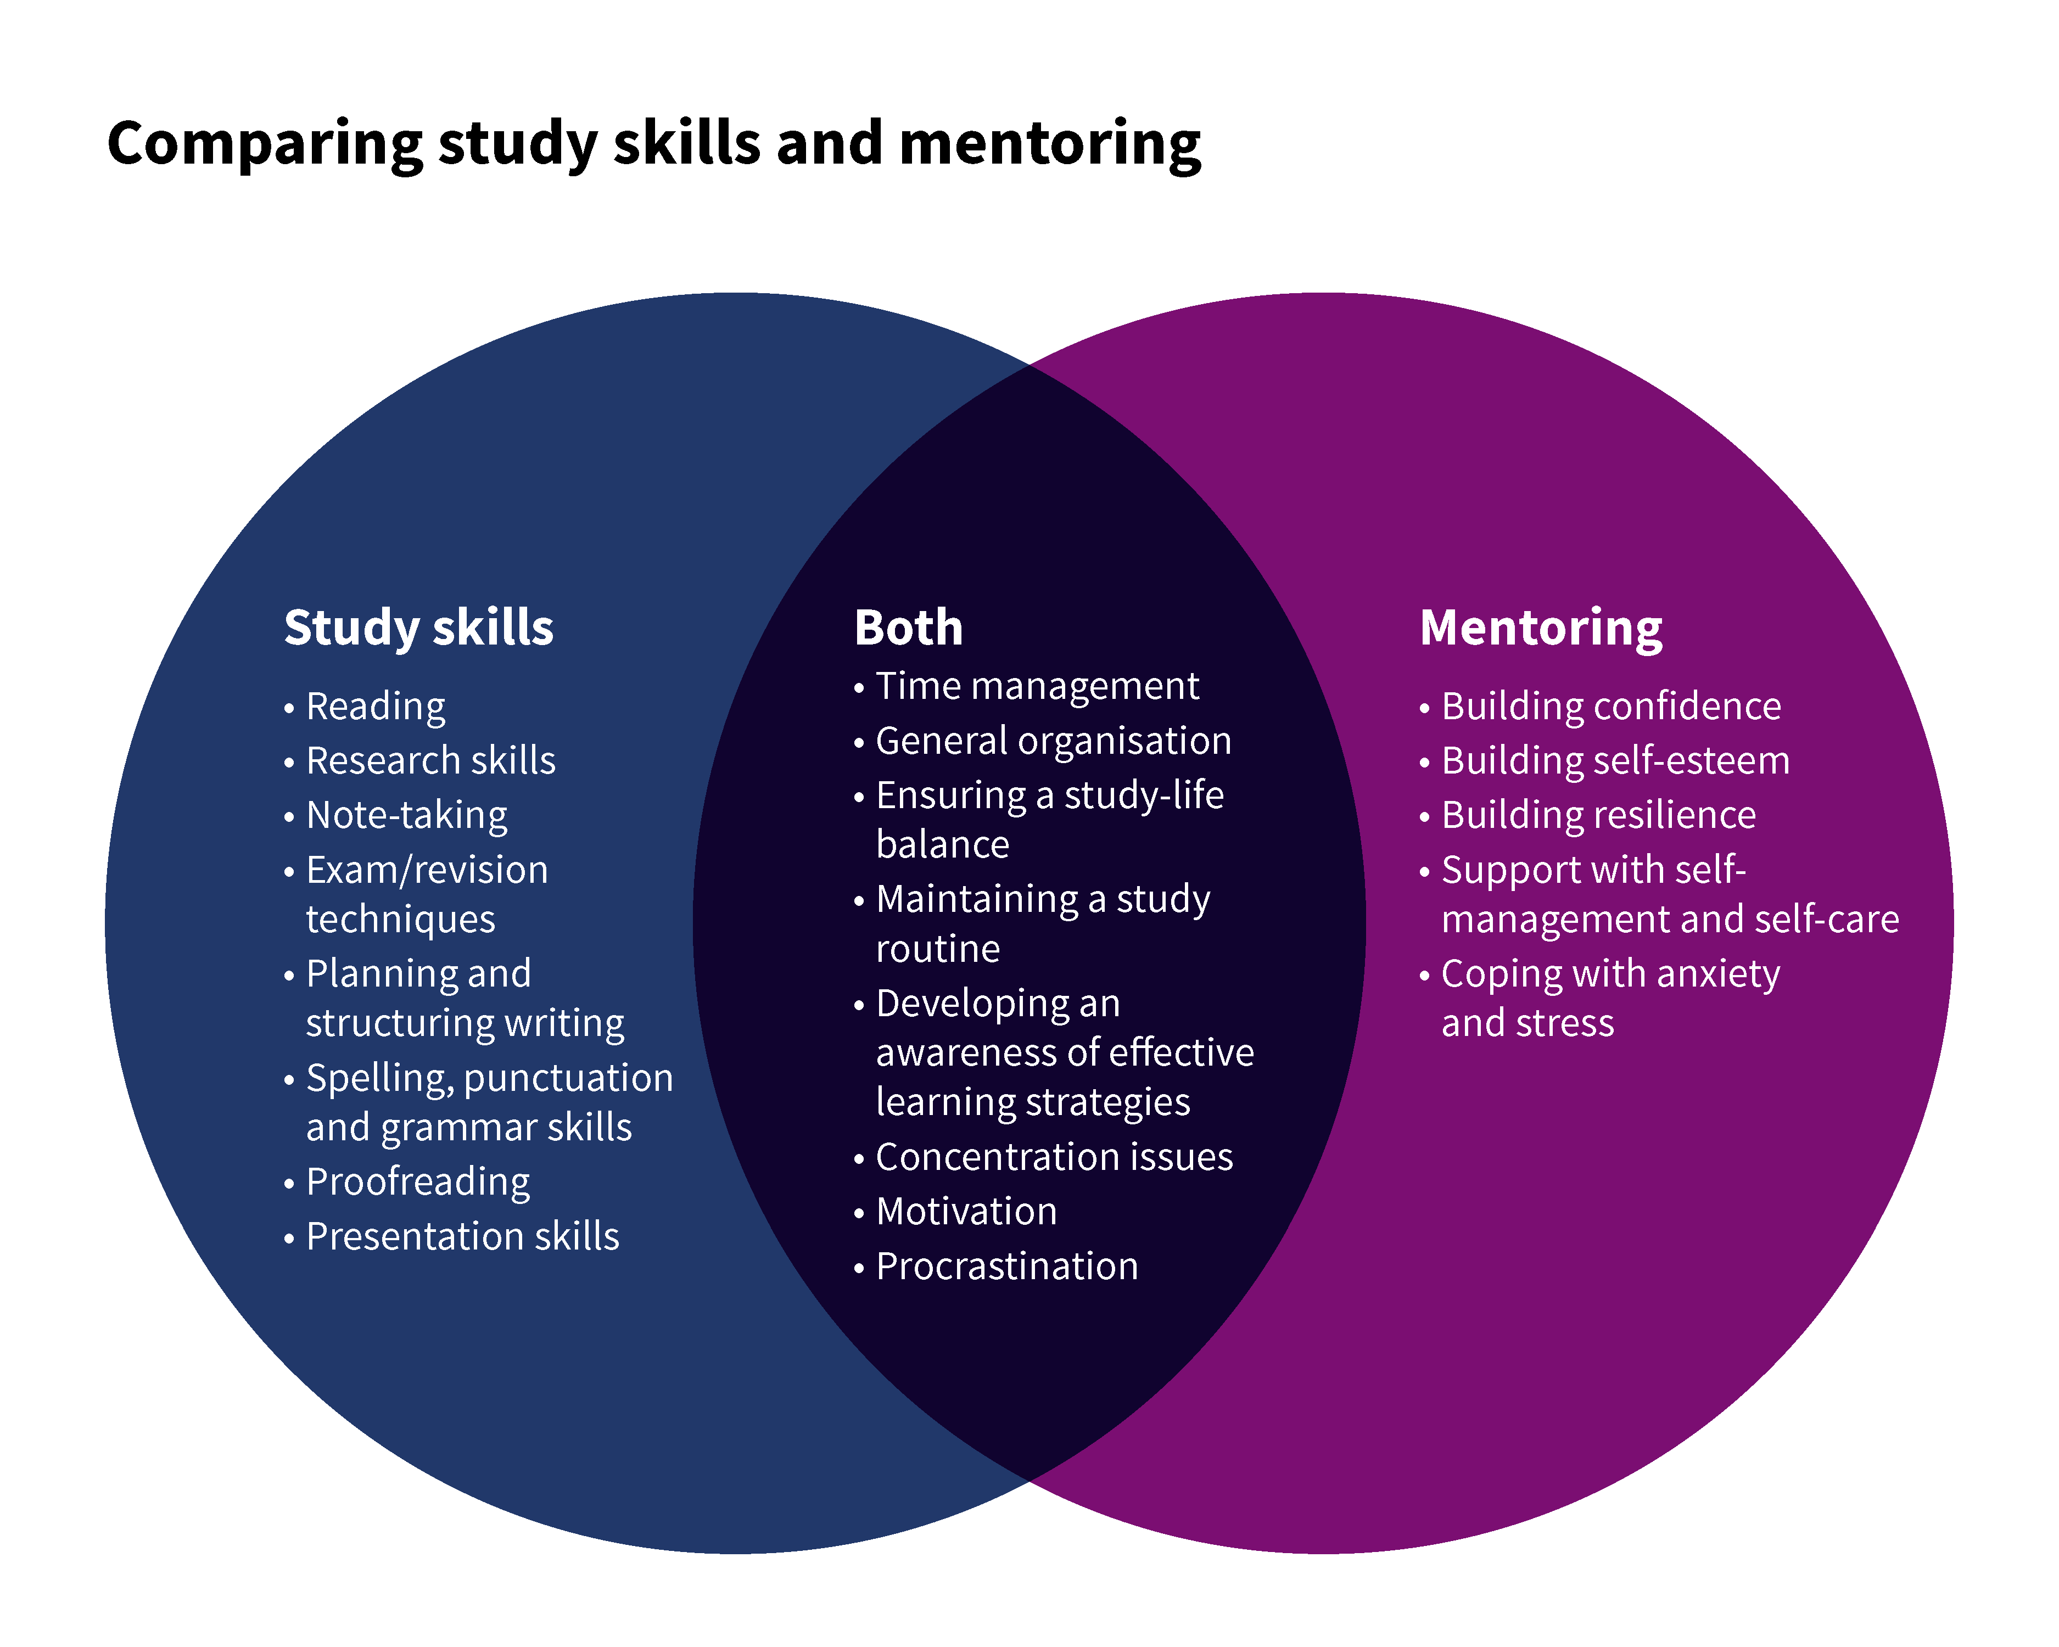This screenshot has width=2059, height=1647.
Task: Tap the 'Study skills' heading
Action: pyautogui.click(x=418, y=628)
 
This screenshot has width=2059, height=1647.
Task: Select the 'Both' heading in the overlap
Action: pyautogui.click(x=908, y=628)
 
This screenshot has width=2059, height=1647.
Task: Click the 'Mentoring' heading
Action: pyautogui.click(x=1541, y=628)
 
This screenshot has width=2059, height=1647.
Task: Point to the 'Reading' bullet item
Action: pyautogui.click(x=376, y=707)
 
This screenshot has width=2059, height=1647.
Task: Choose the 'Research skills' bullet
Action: pyautogui.click(x=430, y=761)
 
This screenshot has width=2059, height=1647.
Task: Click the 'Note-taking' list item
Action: pyautogui.click(x=407, y=815)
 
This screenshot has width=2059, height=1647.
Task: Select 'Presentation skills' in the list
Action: pyautogui.click(x=462, y=1236)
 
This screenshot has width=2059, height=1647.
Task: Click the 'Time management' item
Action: pyautogui.click(x=1037, y=686)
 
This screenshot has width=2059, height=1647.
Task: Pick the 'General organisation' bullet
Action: pyautogui.click(x=1053, y=741)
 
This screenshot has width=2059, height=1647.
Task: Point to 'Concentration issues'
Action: pyautogui.click(x=1054, y=1157)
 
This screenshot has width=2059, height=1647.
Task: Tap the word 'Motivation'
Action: pyautogui.click(x=966, y=1212)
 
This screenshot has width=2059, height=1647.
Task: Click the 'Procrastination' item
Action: pyautogui.click(x=1006, y=1267)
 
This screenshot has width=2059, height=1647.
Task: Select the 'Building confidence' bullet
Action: pyautogui.click(x=1611, y=707)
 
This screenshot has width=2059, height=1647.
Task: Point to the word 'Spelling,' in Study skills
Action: pyautogui.click(x=380, y=1079)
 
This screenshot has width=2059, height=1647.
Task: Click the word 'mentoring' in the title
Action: pyautogui.click(x=1050, y=144)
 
